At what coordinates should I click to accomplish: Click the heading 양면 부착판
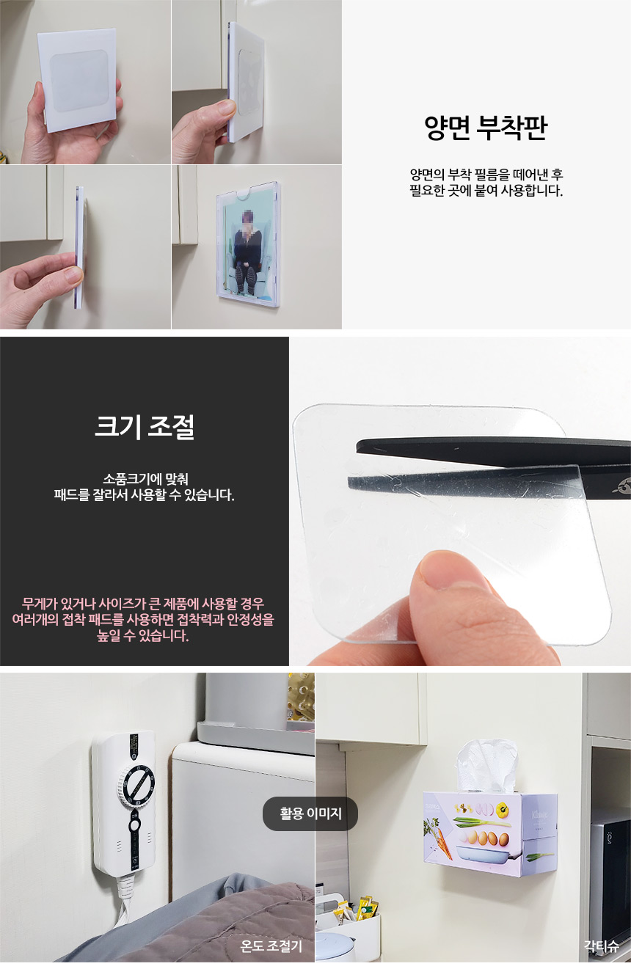(486, 128)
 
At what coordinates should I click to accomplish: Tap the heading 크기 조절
(144, 426)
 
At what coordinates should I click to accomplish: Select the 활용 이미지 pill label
(310, 813)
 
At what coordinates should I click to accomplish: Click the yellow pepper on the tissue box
(502, 808)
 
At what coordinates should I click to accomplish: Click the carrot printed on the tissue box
(442, 841)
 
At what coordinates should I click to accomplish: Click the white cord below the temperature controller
(123, 898)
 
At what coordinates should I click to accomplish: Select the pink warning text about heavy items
(143, 619)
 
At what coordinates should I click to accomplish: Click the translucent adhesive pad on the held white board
(79, 81)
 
